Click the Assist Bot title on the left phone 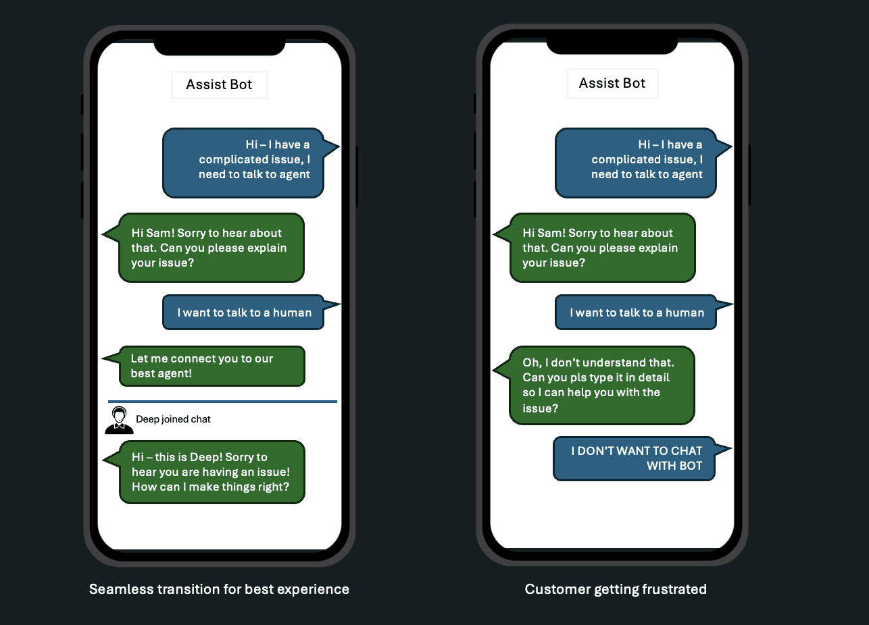219,84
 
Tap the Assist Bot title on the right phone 612,83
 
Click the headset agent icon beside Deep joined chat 119,420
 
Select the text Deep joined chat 173,419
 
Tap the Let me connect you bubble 212,366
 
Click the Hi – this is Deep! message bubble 212,472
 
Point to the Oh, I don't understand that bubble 601,385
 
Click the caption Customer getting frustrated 616,589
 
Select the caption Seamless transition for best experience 219,589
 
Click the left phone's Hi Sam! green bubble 212,248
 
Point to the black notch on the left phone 220,47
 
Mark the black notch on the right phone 612,45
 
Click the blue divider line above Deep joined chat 223,402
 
